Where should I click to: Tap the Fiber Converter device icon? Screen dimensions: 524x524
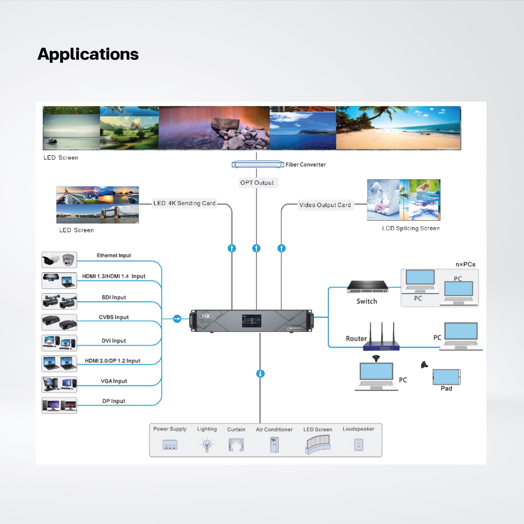pyautogui.click(x=258, y=164)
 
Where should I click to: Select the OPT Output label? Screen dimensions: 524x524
pyautogui.click(x=257, y=183)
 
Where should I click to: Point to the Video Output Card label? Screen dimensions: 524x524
pyautogui.click(x=325, y=205)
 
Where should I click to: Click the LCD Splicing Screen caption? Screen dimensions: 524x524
pyautogui.click(x=411, y=228)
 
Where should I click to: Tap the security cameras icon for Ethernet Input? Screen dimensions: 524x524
pyautogui.click(x=59, y=260)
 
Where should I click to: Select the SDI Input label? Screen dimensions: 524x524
pyautogui.click(x=114, y=297)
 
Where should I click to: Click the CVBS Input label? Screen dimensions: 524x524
pyautogui.click(x=114, y=317)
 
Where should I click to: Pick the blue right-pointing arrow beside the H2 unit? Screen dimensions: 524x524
pyautogui.click(x=177, y=319)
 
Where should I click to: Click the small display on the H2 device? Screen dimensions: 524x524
pyautogui.click(x=252, y=321)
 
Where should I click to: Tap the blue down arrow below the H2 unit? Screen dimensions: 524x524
pyautogui.click(x=260, y=374)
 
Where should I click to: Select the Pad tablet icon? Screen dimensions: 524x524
pyautogui.click(x=446, y=377)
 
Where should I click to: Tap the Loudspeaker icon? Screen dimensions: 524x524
pyautogui.click(x=359, y=445)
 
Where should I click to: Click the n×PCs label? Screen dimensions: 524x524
pyautogui.click(x=465, y=264)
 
